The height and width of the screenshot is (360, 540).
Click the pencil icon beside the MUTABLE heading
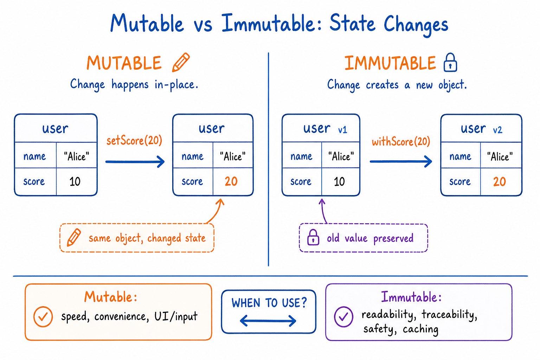181,62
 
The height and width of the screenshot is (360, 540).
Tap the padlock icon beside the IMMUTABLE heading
450,63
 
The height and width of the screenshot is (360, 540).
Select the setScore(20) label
134,141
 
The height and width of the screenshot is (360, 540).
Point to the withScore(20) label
401,142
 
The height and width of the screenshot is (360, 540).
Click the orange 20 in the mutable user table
231,181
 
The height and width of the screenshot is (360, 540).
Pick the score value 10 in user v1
339,181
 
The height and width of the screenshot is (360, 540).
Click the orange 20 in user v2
500,181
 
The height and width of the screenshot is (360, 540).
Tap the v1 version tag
342,130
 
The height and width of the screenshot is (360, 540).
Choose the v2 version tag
497,130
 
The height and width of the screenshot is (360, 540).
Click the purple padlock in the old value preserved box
313,238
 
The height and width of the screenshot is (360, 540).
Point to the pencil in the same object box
74,238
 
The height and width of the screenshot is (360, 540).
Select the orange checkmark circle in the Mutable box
43,317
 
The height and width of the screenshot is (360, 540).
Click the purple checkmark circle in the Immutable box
343,317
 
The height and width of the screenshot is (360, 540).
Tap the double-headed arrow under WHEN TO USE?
268,321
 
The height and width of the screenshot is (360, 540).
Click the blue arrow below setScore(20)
135,162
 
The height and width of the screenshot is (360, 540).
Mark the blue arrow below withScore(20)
401,161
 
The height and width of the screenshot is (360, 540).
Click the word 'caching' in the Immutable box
421,329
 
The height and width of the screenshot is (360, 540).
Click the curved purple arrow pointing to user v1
323,211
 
